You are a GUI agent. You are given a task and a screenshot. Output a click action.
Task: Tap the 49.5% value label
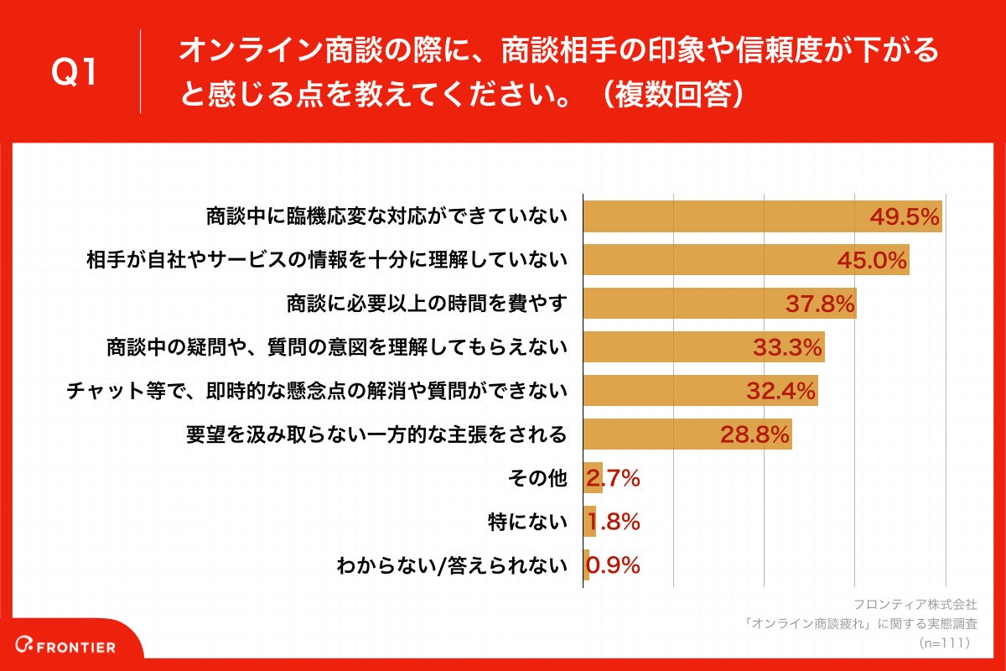coord(904,217)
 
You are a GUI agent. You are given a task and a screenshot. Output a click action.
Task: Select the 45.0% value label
coord(872,261)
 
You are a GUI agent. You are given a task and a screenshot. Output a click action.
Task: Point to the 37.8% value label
coord(820,304)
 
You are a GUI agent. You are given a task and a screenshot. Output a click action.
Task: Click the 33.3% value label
coord(787,347)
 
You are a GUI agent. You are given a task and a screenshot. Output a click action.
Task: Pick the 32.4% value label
coord(780,391)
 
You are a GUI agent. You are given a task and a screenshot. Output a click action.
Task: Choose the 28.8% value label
coord(754,434)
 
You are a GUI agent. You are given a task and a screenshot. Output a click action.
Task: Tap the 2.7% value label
coord(613,478)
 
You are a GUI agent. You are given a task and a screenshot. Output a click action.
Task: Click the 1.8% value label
coord(613,522)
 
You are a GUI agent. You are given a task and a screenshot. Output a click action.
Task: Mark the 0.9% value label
coord(613,565)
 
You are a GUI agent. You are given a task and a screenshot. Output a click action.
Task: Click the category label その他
coord(538,478)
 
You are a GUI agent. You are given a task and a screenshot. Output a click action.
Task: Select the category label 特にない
coord(527,522)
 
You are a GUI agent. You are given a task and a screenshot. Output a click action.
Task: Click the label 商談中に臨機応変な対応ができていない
coord(387,217)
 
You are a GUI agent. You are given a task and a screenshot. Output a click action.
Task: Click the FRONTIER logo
coord(70,647)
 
